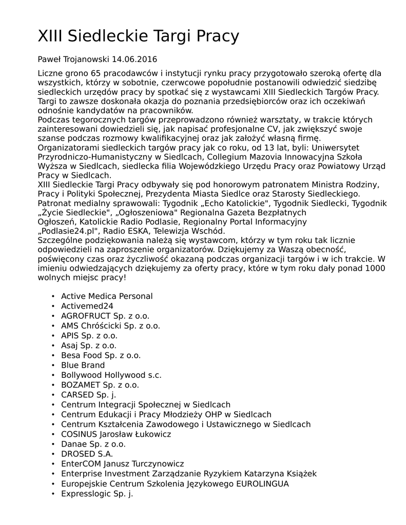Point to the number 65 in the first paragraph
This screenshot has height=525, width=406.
(x=96, y=73)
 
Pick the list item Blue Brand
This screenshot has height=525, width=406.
(x=83, y=365)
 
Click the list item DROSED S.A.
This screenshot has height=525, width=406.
(x=87, y=454)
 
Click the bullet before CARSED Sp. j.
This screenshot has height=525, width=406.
(x=53, y=395)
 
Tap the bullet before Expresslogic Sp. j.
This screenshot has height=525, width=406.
(x=53, y=493)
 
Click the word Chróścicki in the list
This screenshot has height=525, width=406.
(x=100, y=326)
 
